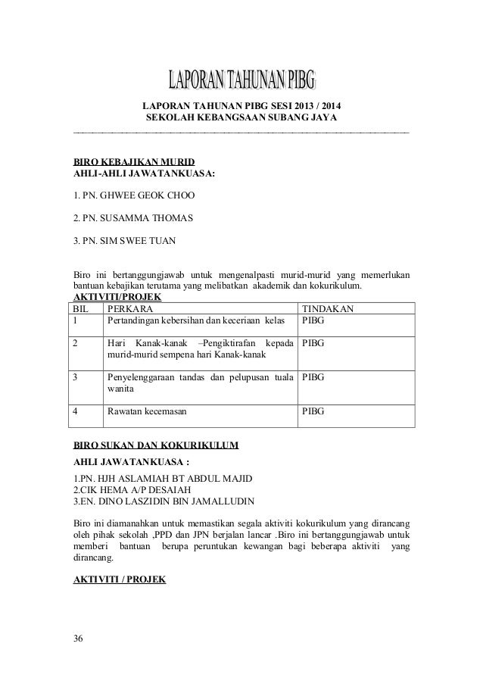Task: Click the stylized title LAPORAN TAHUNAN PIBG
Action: click(241, 80)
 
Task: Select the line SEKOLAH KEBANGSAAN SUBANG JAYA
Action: click(241, 118)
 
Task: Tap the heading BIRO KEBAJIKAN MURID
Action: click(133, 162)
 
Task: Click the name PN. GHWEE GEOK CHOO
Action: click(133, 197)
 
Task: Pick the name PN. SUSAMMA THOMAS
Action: click(132, 219)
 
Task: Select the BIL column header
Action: click(80, 309)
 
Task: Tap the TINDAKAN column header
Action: click(327, 309)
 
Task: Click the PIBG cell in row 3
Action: click(313, 376)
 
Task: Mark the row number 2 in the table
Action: click(75, 343)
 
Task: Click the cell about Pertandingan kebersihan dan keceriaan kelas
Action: click(195, 321)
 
